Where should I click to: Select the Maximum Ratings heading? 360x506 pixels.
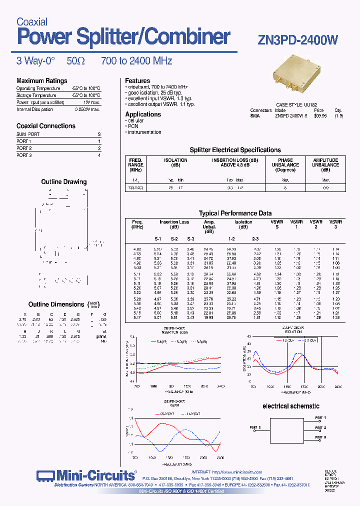pos(41,80)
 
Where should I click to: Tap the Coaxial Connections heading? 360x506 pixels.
pos(46,126)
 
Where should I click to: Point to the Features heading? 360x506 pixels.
pos(137,80)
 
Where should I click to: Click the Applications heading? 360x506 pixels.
pos(143,114)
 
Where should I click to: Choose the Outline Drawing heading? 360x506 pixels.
pos(63,182)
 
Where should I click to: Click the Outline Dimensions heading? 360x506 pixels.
pos(56,304)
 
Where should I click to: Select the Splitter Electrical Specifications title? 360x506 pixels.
pos(235,149)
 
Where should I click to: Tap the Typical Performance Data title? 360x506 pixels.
pos(235,213)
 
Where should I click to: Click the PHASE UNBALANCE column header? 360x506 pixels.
pos(285,164)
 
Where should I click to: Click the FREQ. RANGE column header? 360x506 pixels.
pos(136,164)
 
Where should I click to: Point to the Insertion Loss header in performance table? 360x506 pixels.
pos(174,222)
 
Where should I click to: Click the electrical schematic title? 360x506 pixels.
pos(290,406)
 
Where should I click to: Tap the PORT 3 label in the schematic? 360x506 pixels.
pos(320,437)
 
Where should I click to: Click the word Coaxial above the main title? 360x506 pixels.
pos(32,22)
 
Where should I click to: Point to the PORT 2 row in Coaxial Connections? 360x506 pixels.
pos(24,148)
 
